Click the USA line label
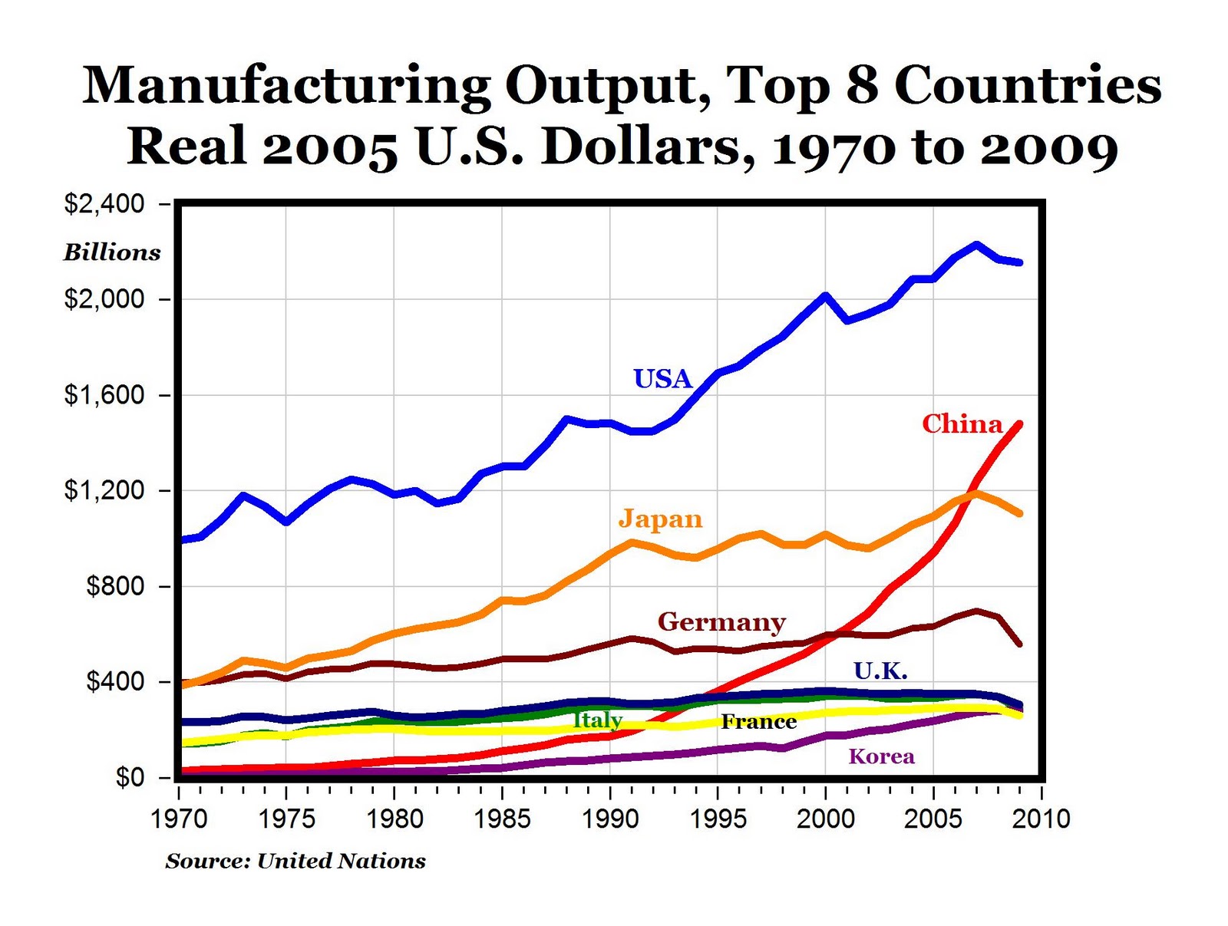pyautogui.click(x=662, y=378)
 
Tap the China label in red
pyautogui.click(x=962, y=423)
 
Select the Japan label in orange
pyautogui.click(x=660, y=519)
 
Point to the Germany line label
pyautogui.click(x=721, y=621)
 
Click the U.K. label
pyautogui.click(x=880, y=671)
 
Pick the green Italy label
pyautogui.click(x=597, y=720)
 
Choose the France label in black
pyautogui.click(x=758, y=721)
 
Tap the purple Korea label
pyautogui.click(x=881, y=756)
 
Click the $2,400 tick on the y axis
pyautogui.click(x=104, y=204)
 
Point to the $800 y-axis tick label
pyautogui.click(x=115, y=586)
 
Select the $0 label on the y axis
pyautogui.click(x=130, y=777)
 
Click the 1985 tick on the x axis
pyautogui.click(x=502, y=819)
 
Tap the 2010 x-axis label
pyautogui.click(x=1041, y=819)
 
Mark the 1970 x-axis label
pyautogui.click(x=179, y=819)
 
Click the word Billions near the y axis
pyautogui.click(x=112, y=252)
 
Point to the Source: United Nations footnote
pyautogui.click(x=295, y=861)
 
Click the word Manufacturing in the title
pyautogui.click(x=286, y=85)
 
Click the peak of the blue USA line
pyautogui.click(x=976, y=245)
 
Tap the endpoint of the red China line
pyautogui.click(x=1019, y=423)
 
